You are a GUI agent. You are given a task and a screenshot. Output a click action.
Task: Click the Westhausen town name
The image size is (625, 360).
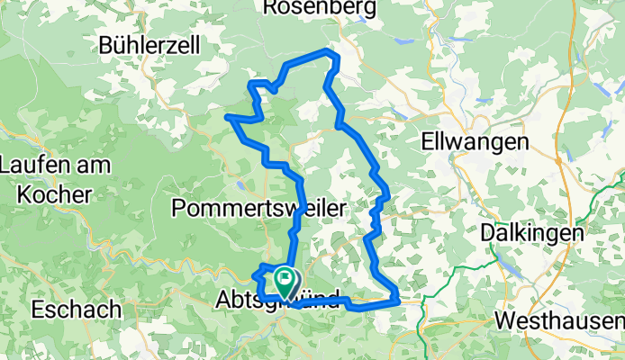point(558,321)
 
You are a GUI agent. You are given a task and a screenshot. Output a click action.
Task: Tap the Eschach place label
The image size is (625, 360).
point(76,310)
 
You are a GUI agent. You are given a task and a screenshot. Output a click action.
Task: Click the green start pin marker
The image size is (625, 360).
point(285,282)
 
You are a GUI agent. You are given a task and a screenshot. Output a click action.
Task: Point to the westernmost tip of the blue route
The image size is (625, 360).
point(228,117)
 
